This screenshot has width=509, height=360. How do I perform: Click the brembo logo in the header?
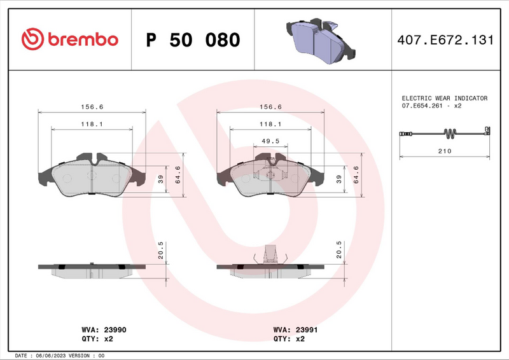click(69, 39)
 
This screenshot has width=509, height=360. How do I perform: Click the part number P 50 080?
click(193, 40)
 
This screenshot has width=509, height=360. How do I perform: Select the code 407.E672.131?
click(445, 40)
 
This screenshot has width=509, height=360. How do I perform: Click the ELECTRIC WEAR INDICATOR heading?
click(444, 99)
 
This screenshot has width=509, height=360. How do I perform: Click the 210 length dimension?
click(445, 151)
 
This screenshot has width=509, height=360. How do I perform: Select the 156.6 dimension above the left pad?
click(92, 107)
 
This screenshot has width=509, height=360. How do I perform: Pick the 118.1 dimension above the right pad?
click(270, 124)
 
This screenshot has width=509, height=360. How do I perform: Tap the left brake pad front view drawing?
click(92, 176)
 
